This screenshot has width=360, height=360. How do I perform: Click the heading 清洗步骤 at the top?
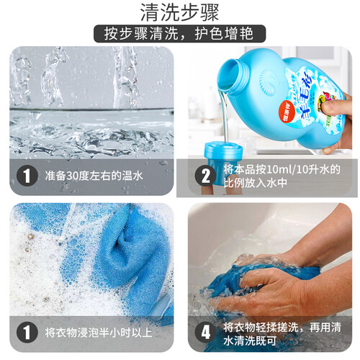(x=179, y=12)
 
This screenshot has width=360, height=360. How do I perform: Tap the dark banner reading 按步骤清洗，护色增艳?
(x=179, y=34)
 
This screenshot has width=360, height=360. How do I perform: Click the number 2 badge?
(x=205, y=176)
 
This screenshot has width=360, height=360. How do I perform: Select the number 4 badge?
(x=205, y=333)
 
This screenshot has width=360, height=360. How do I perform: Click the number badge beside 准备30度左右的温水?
(x=27, y=176)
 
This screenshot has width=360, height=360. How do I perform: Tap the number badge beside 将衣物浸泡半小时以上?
(x=27, y=333)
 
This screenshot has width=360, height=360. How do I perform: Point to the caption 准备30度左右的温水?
(x=94, y=176)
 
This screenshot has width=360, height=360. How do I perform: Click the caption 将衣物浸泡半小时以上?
(x=99, y=333)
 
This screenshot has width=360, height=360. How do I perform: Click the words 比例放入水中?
(x=256, y=183)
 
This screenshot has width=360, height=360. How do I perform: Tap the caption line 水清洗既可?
(x=250, y=341)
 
